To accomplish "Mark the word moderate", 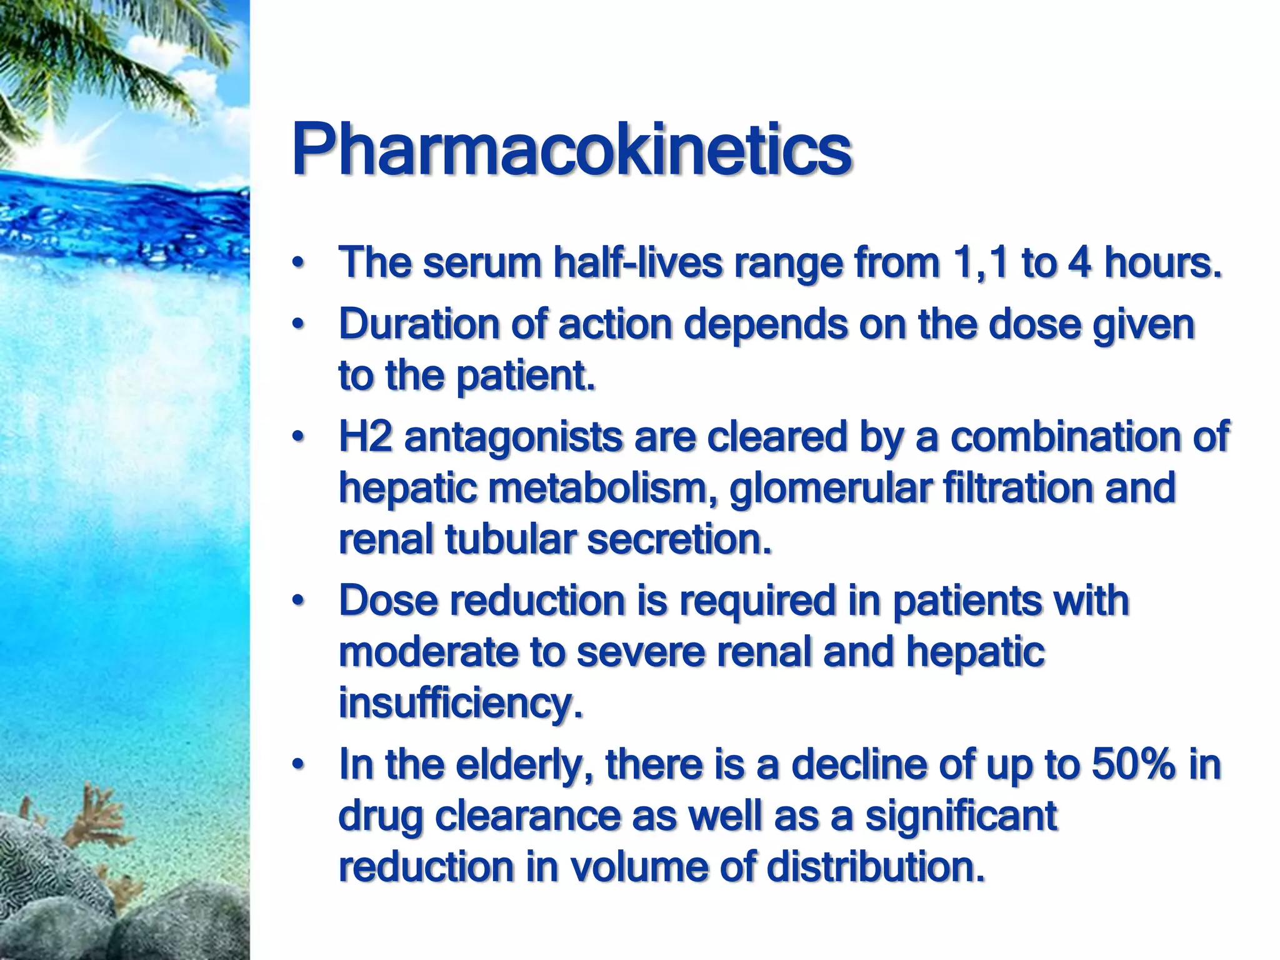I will (428, 652).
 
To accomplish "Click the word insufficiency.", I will (460, 704).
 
